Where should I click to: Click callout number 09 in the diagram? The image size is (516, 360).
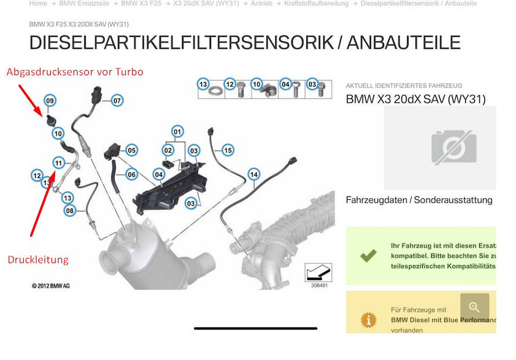click(x=50, y=101)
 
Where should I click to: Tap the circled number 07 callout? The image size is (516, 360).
click(x=117, y=100)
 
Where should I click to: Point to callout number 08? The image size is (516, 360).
click(x=70, y=211)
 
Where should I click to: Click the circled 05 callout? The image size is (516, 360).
click(x=132, y=150)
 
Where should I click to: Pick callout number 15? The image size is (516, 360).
click(x=132, y=174)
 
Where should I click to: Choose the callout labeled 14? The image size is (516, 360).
click(x=253, y=174)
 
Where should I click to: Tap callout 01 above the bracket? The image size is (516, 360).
click(x=177, y=131)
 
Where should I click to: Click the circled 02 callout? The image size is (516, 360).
click(x=168, y=150)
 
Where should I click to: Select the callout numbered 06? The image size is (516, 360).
click(x=132, y=174)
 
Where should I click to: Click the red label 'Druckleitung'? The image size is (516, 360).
click(x=38, y=260)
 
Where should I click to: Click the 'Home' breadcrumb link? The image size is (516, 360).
click(x=38, y=3)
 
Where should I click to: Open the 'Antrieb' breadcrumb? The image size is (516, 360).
click(x=261, y=3)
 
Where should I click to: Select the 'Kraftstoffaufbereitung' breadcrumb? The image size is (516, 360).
click(x=316, y=3)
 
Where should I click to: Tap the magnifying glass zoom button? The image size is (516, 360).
click(x=474, y=308)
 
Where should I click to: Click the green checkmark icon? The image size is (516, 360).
click(x=368, y=255)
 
